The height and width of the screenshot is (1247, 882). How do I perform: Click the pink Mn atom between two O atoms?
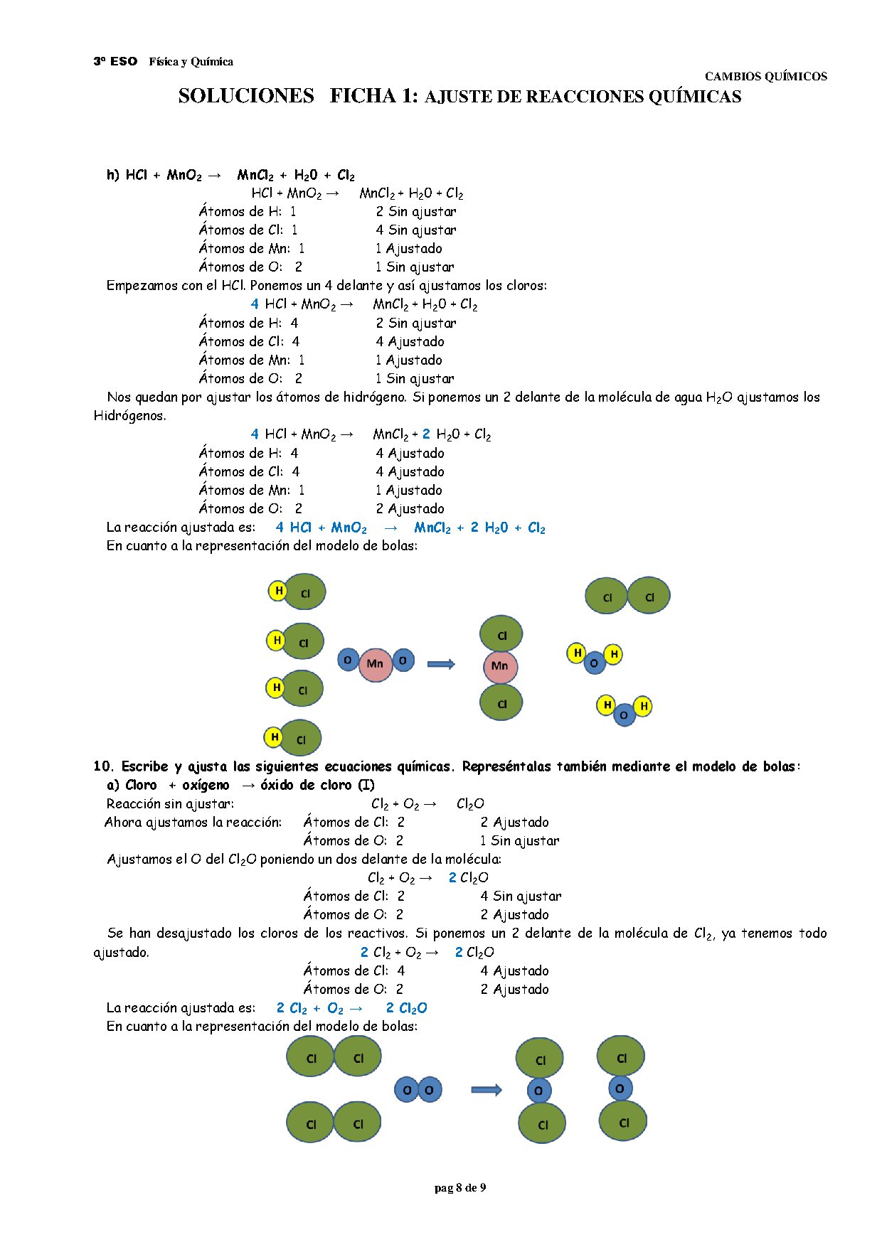pyautogui.click(x=375, y=665)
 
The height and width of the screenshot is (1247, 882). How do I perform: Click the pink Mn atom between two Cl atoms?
pyautogui.click(x=500, y=666)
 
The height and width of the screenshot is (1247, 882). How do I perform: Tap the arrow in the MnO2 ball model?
pyautogui.click(x=441, y=664)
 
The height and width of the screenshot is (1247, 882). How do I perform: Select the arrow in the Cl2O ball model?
pyautogui.click(x=487, y=1090)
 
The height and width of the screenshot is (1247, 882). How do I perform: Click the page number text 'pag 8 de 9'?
pyautogui.click(x=460, y=1188)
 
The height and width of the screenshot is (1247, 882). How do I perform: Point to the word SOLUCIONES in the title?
pyautogui.click(x=246, y=96)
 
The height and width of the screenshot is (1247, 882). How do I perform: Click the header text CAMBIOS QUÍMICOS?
pyautogui.click(x=765, y=76)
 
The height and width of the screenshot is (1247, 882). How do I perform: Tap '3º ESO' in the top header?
pyautogui.click(x=115, y=62)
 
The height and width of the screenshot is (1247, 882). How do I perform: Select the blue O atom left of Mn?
pyautogui.click(x=348, y=660)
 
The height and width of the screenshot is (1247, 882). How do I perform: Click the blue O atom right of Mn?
pyautogui.click(x=403, y=660)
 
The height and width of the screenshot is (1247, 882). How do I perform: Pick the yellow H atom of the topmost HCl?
pyautogui.click(x=278, y=590)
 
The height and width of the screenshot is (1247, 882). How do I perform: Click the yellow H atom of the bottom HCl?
pyautogui.click(x=274, y=737)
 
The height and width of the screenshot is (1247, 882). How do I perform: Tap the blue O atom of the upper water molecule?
pyautogui.click(x=594, y=663)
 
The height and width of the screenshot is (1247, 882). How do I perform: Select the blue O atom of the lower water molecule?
pyautogui.click(x=624, y=715)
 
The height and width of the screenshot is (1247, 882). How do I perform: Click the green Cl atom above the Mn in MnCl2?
pyautogui.click(x=501, y=635)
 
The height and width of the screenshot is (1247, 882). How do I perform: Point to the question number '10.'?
pyautogui.click(x=104, y=766)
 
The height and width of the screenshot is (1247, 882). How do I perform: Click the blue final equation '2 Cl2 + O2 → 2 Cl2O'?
pyautogui.click(x=351, y=1008)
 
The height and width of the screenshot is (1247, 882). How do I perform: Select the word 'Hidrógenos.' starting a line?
pyautogui.click(x=129, y=416)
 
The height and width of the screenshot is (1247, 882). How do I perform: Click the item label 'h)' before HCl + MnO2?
pyautogui.click(x=112, y=175)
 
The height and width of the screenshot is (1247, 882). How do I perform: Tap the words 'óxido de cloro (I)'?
pyautogui.click(x=317, y=785)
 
